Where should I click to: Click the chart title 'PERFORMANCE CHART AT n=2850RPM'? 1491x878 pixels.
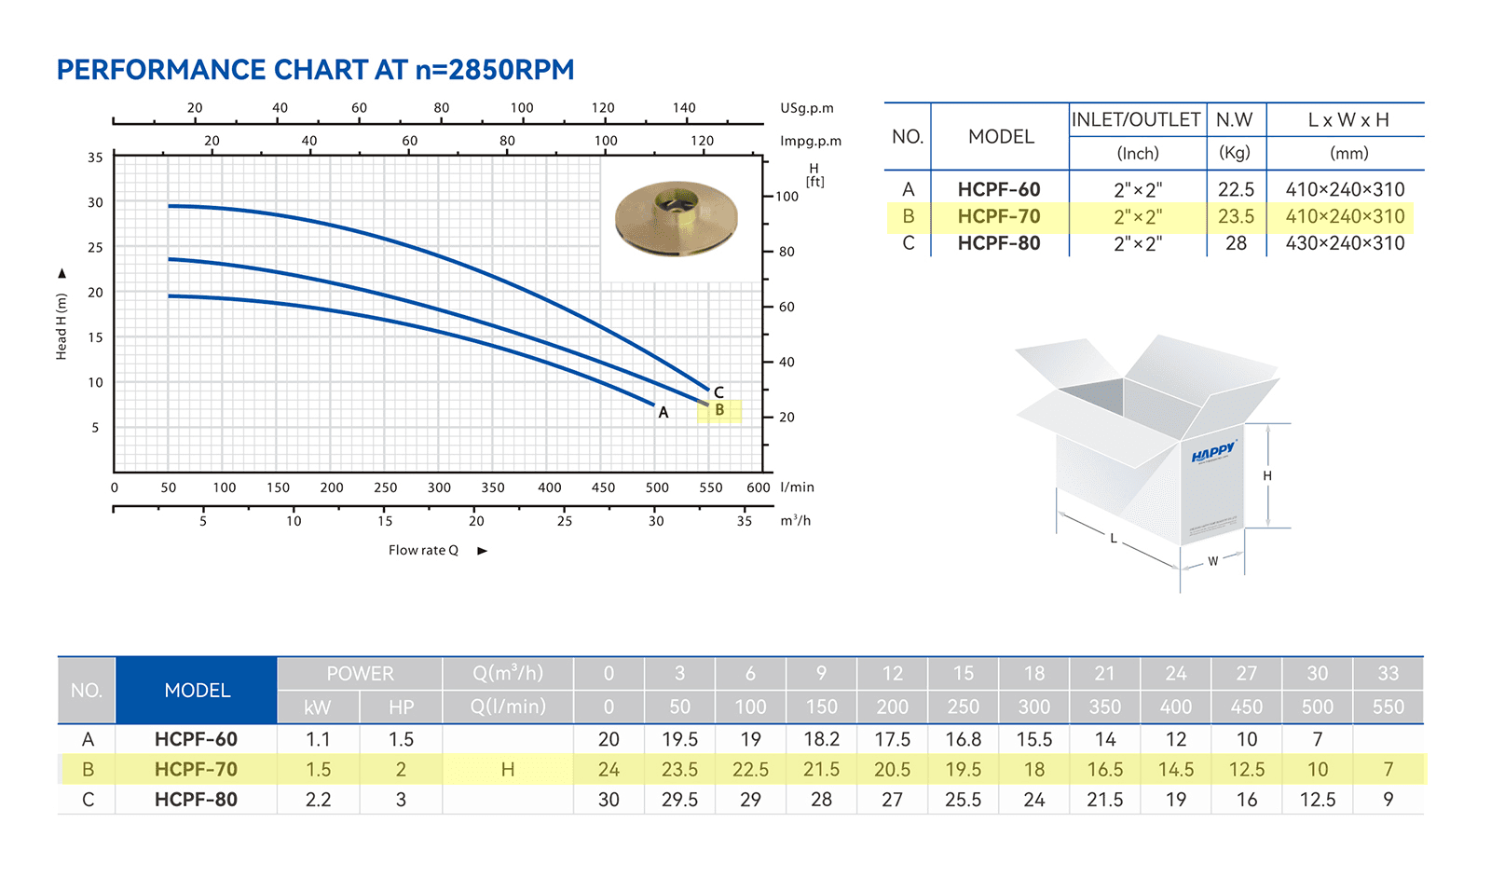tap(315, 70)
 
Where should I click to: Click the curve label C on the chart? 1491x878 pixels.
tap(718, 392)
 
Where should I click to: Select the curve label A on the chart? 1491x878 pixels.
tap(663, 413)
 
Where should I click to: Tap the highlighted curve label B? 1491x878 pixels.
tap(719, 410)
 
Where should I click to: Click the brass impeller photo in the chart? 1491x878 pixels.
tap(677, 218)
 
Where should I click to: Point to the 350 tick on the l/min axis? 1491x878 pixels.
tap(493, 487)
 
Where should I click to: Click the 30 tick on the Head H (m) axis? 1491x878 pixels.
tap(95, 202)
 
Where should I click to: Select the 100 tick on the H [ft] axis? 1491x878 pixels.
tap(787, 197)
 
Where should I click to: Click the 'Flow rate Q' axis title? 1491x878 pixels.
tap(423, 551)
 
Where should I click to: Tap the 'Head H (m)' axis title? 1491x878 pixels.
tap(62, 326)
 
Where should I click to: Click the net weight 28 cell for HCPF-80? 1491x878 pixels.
tap(1236, 243)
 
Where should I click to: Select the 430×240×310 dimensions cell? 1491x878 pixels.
tap(1346, 243)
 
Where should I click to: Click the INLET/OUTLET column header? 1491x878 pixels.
tap(1136, 120)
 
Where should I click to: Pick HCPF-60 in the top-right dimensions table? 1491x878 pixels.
tap(998, 190)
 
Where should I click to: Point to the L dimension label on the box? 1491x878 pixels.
tap(1114, 538)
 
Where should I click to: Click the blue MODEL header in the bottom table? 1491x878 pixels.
tap(197, 691)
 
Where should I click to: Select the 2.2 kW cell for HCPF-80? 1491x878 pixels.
tap(318, 800)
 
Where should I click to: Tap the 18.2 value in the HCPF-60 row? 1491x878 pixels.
tap(821, 739)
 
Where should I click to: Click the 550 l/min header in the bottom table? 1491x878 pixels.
tap(1388, 707)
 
